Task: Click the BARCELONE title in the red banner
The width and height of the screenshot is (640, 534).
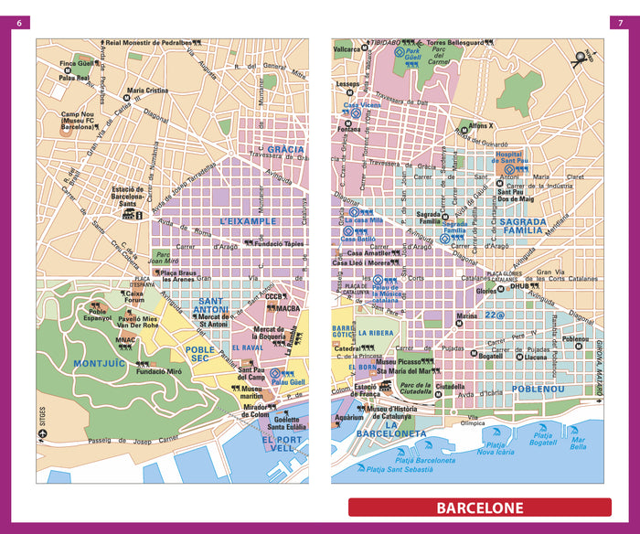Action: tap(479, 507)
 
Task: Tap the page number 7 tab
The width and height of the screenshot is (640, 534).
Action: tap(618, 23)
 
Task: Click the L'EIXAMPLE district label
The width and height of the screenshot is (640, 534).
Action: tap(248, 221)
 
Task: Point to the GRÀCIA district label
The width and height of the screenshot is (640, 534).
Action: tap(285, 148)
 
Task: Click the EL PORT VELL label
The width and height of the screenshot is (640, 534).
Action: tap(281, 444)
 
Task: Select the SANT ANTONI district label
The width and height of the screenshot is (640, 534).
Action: tap(213, 306)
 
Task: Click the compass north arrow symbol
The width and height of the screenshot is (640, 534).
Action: tap(580, 59)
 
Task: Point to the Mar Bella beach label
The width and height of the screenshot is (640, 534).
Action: tap(578, 444)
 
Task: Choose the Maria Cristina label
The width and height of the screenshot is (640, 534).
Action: tap(147, 91)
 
